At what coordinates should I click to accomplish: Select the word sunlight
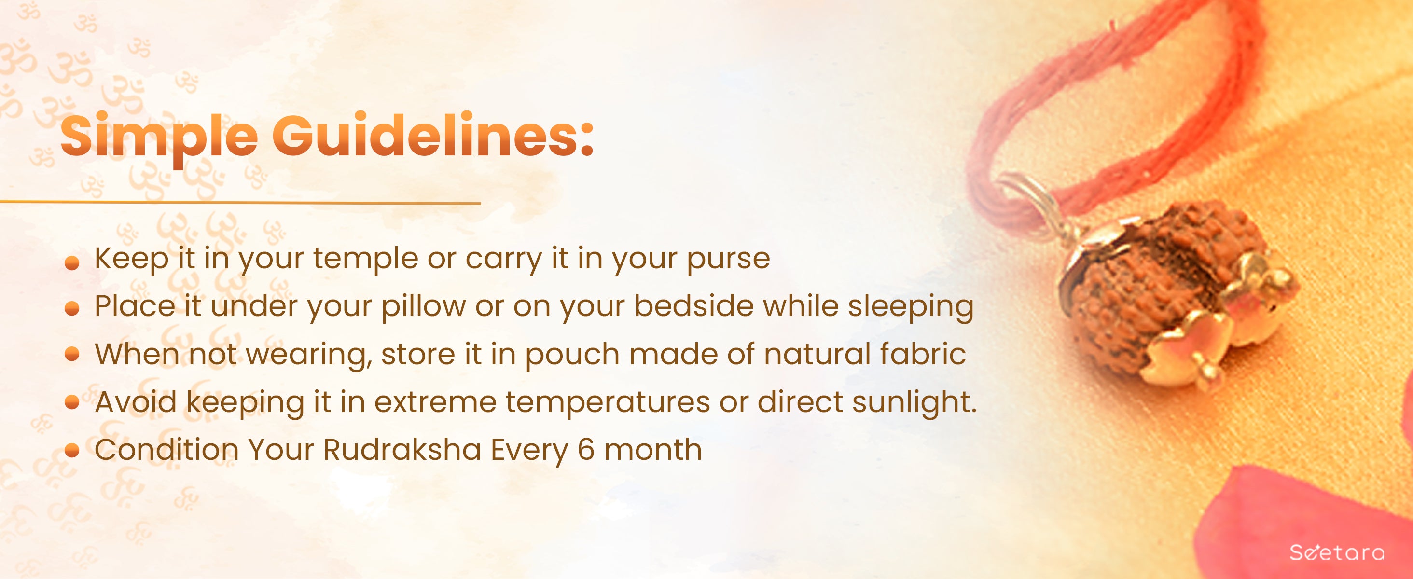[914, 403]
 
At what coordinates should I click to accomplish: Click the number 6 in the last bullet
[586, 450]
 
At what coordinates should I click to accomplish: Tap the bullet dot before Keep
[72, 264]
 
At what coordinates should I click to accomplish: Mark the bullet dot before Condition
[72, 451]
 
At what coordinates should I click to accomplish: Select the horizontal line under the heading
[240, 202]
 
